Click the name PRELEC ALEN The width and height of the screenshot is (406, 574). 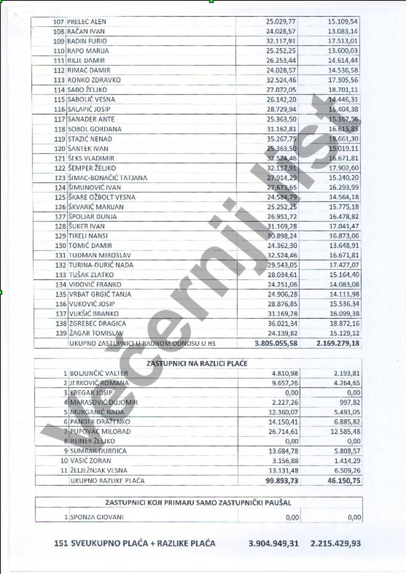(87, 22)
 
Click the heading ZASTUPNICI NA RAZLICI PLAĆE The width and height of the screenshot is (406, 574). (198, 363)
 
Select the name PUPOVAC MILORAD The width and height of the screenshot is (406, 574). (92, 432)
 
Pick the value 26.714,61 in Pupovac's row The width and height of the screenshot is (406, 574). (283, 432)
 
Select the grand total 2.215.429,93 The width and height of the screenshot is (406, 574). (336, 543)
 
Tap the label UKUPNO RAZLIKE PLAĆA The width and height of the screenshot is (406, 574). (107, 480)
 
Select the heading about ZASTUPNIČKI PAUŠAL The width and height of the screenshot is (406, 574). (198, 502)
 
